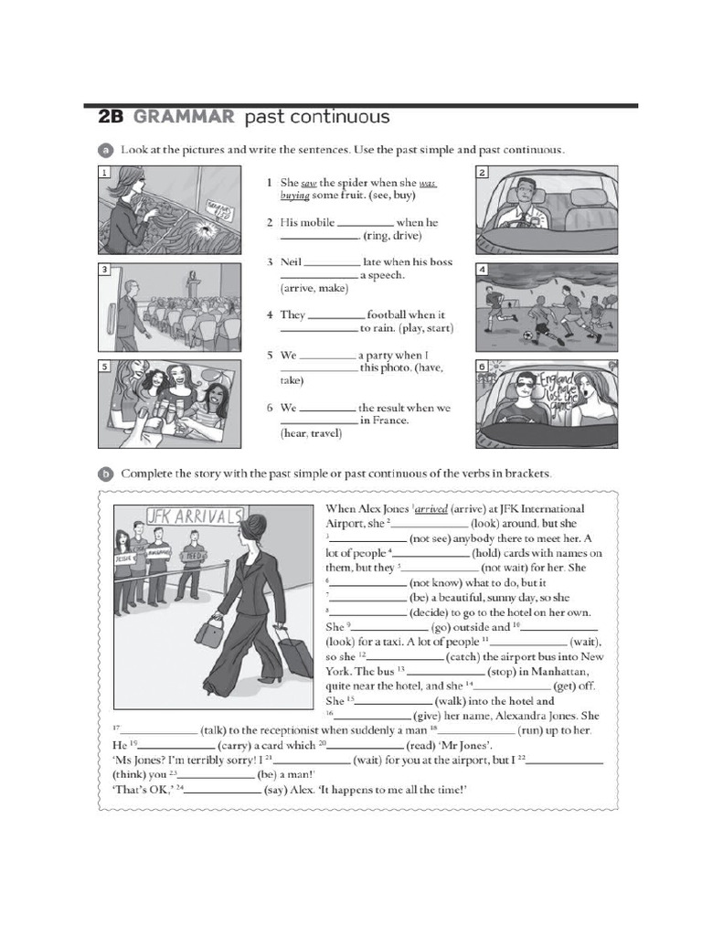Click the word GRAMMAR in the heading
pos(182,117)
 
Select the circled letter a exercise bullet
pos(104,149)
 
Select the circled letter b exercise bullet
pos(104,473)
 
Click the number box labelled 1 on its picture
pos(105,172)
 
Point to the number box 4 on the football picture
pos(483,270)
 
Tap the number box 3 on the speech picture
pos(105,270)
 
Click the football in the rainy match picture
pos(526,336)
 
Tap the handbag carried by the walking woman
pos(209,631)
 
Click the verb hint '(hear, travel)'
pos(311,434)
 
